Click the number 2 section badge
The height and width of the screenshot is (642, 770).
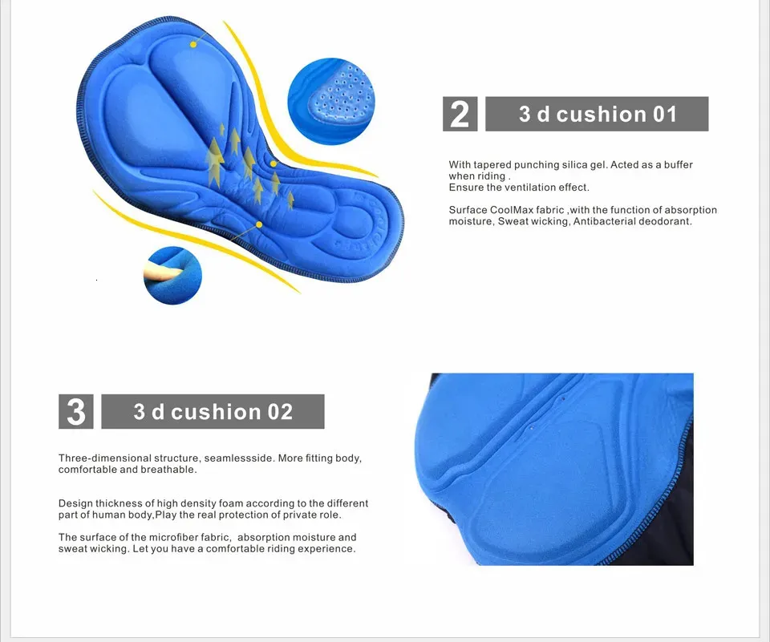click(x=460, y=114)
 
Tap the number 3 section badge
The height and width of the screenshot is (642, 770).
click(x=75, y=411)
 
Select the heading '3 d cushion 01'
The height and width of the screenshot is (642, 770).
click(x=597, y=114)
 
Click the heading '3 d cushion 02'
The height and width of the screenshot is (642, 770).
click(x=213, y=411)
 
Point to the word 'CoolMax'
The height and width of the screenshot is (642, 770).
click(x=512, y=210)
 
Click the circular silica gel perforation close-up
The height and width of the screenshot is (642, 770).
click(x=330, y=101)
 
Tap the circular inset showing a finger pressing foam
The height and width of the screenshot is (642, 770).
click(x=172, y=276)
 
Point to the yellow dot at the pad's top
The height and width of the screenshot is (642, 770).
click(x=193, y=45)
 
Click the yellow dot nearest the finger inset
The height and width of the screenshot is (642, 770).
click(x=259, y=224)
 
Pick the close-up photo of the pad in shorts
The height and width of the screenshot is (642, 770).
click(x=554, y=469)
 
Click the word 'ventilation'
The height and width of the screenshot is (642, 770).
click(x=534, y=188)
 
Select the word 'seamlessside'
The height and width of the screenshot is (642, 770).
click(x=238, y=458)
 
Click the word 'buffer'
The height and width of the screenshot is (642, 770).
click(x=679, y=165)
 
